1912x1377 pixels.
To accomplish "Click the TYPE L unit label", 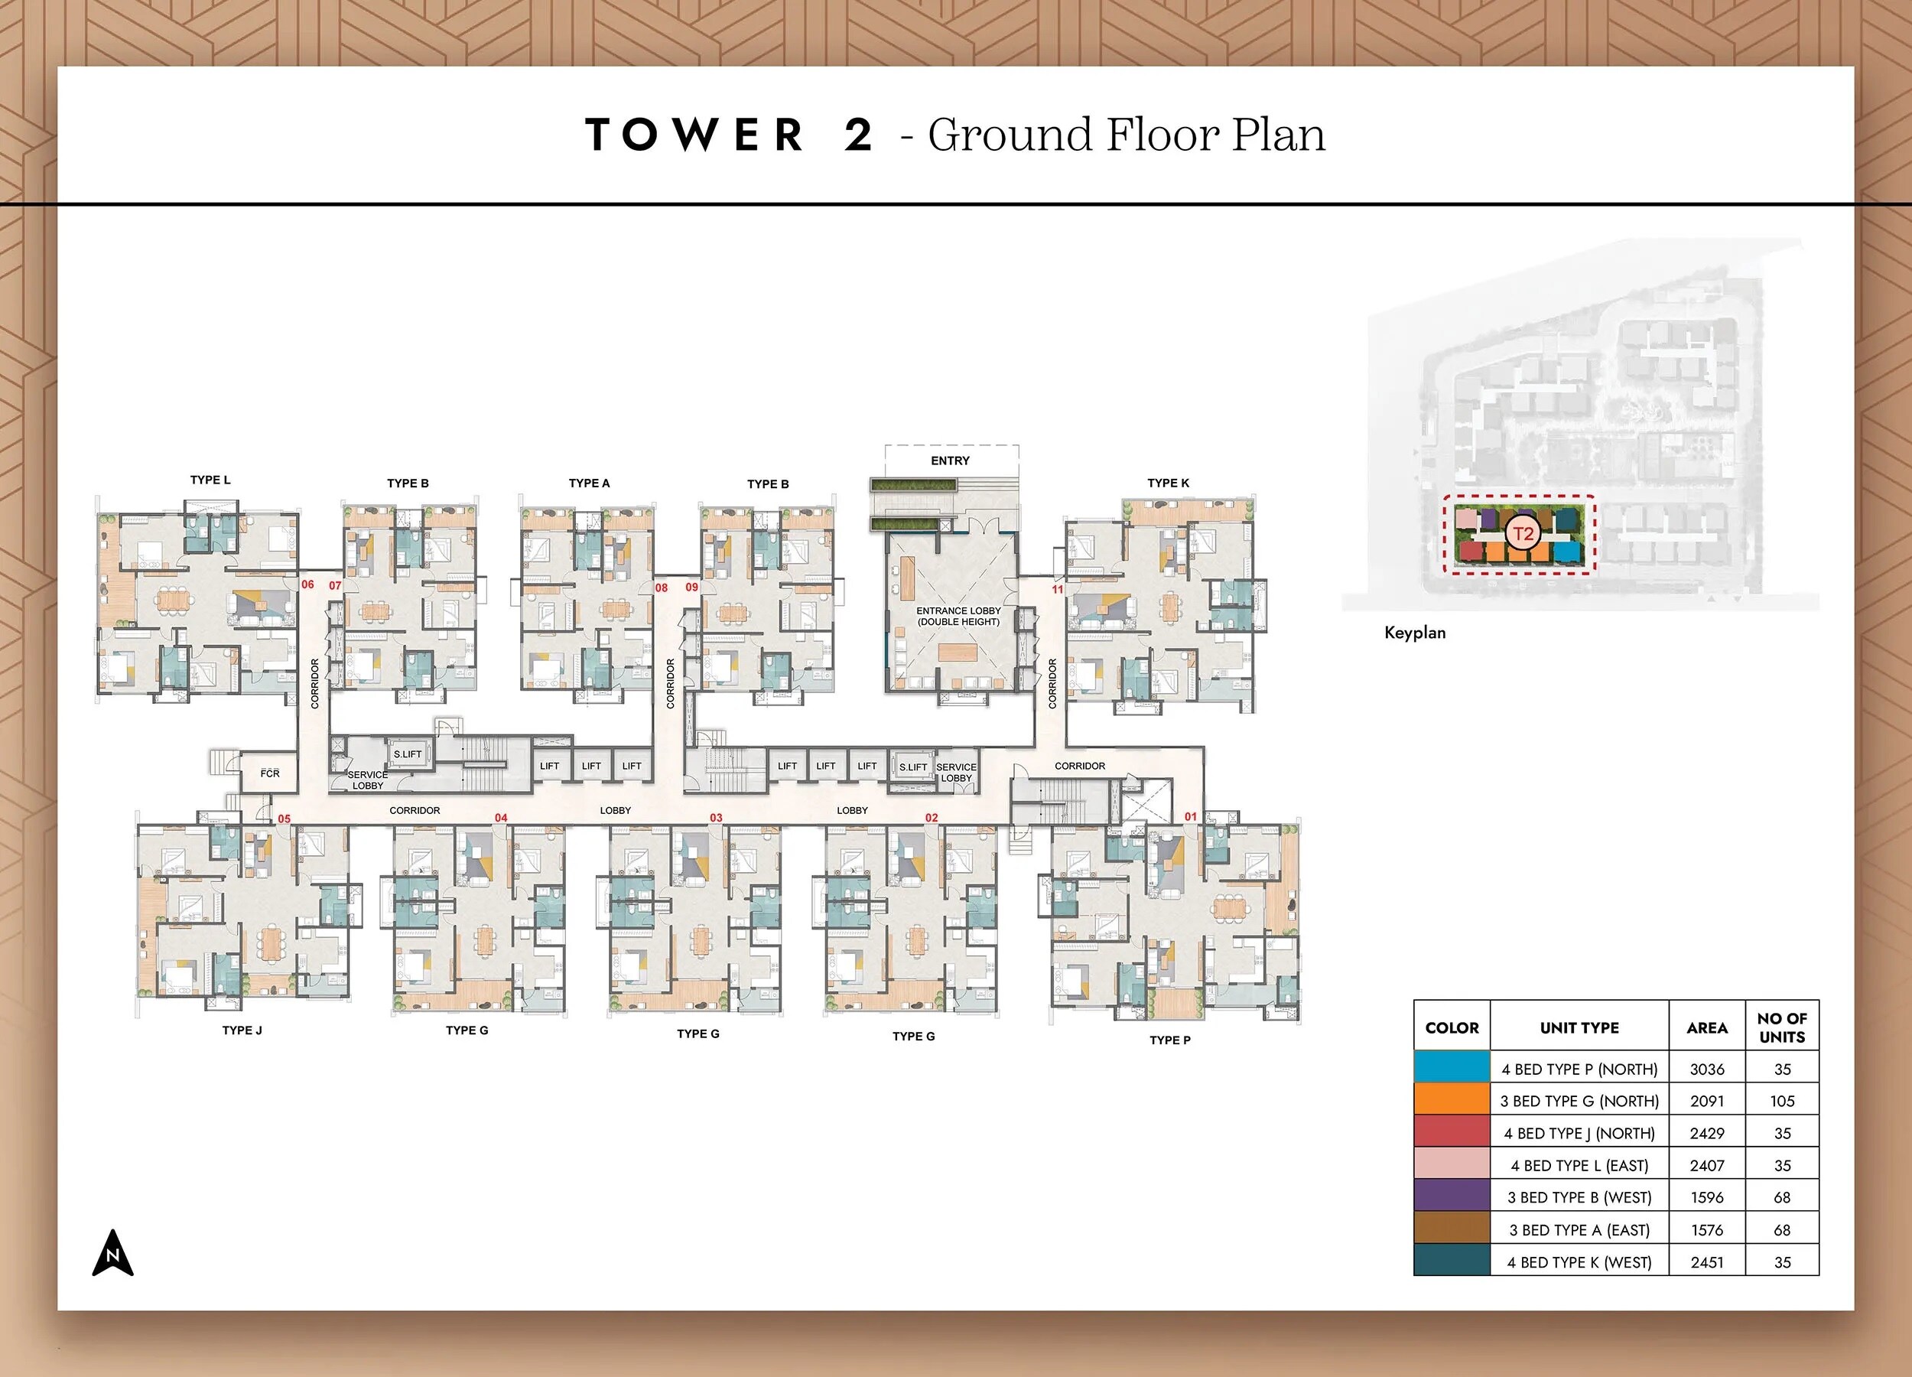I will (210, 480).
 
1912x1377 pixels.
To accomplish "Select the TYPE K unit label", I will (1168, 483).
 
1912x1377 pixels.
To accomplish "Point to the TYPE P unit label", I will (1169, 1040).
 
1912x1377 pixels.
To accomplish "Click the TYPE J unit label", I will (242, 1030).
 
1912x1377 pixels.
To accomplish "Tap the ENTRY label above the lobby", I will (950, 461).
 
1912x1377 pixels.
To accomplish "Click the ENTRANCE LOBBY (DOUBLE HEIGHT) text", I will (958, 617).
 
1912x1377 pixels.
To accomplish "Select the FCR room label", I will (270, 773).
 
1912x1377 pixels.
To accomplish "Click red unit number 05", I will (284, 819).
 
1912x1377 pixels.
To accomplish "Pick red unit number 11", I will (1057, 589).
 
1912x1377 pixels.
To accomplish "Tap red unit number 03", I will (716, 818).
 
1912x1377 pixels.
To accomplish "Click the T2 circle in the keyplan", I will (1523, 534).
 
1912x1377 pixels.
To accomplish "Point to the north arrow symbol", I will (113, 1254).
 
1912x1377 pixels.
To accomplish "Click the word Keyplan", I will (1415, 633).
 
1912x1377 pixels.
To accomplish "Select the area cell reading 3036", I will (1706, 1069).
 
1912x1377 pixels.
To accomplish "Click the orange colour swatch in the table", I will (1452, 1100).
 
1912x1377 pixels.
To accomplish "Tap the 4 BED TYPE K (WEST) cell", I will (1579, 1262).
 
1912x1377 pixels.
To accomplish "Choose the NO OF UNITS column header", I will (1781, 1027).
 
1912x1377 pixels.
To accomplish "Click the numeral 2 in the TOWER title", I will (858, 135).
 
